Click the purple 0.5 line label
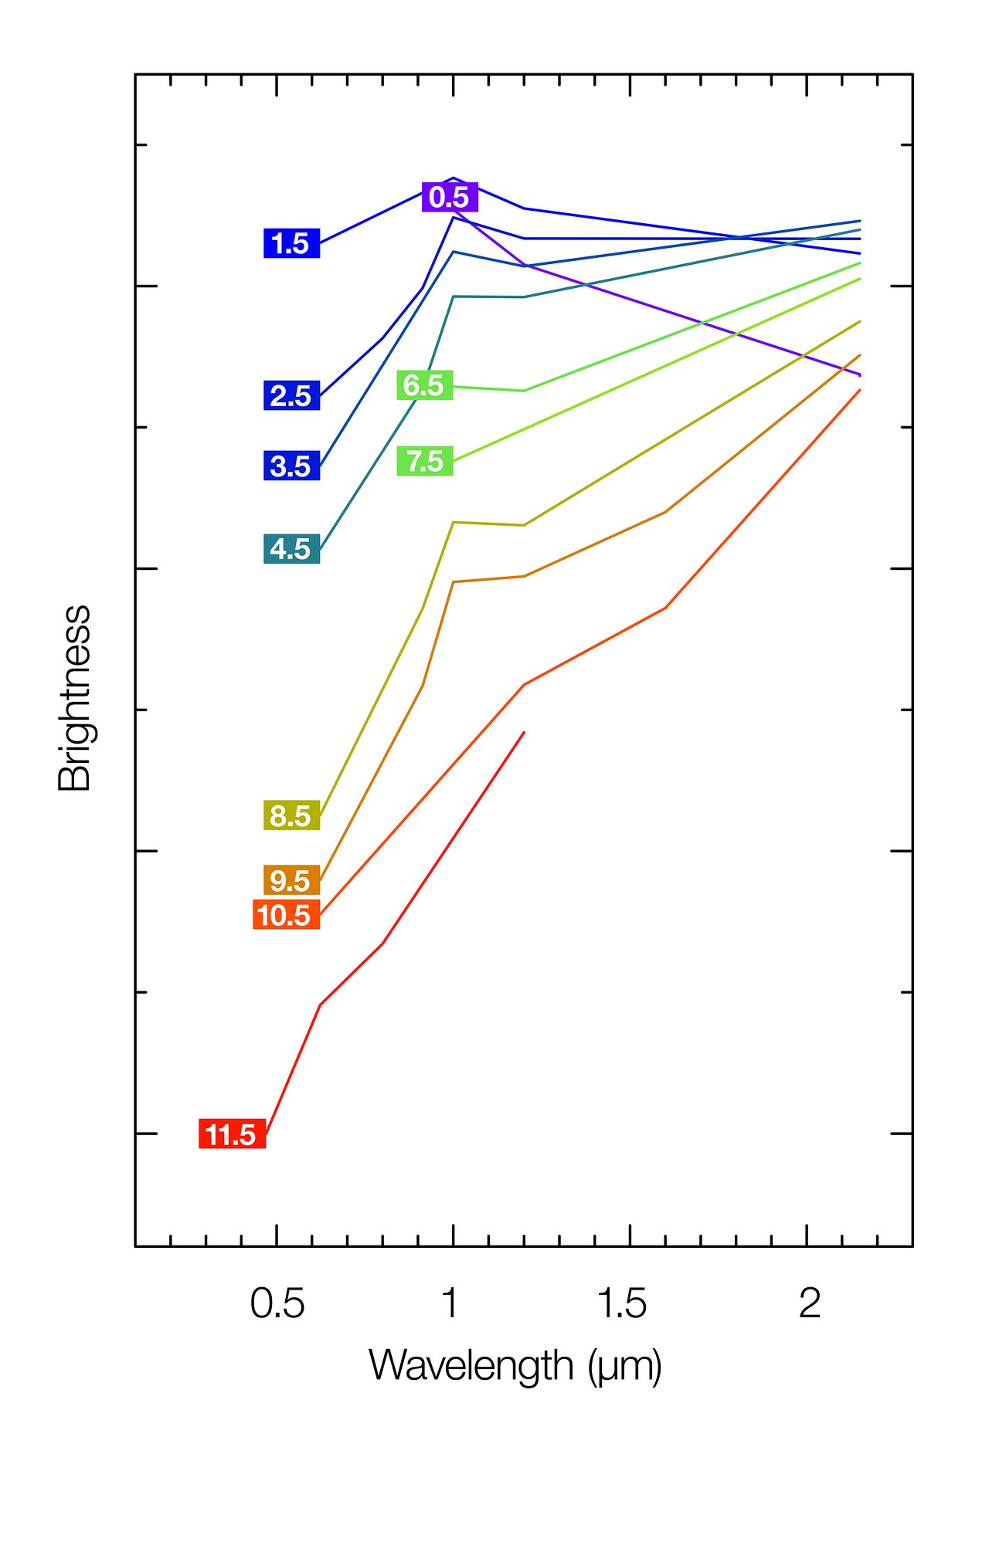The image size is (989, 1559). [x=450, y=197]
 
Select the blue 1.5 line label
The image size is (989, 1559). [x=291, y=243]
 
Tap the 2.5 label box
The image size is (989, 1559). [x=291, y=395]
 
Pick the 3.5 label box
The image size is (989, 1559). [x=291, y=466]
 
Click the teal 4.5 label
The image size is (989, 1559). [x=291, y=548]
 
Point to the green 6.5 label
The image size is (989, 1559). [x=424, y=385]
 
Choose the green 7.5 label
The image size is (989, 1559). [x=424, y=461]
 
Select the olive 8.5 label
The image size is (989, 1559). [x=291, y=815]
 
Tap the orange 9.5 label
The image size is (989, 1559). [x=291, y=880]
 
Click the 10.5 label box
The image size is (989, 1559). [x=286, y=915]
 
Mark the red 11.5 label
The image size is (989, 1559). [x=232, y=1134]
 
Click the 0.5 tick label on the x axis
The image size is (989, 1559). [x=277, y=1304]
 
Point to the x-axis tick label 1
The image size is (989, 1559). [x=450, y=1304]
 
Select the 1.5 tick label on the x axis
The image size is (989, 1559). [x=622, y=1304]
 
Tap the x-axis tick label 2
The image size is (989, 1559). [x=809, y=1304]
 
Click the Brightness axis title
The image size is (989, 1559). [x=75, y=698]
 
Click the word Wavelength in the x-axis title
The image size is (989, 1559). [x=471, y=1366]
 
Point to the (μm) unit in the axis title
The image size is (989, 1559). [x=624, y=1368]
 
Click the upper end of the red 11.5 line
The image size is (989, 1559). [x=524, y=732]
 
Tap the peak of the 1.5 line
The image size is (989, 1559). [x=453, y=178]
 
